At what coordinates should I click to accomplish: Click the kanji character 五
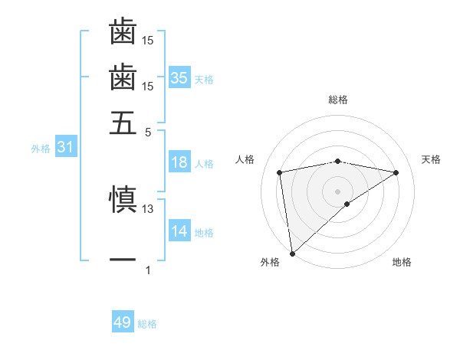123,122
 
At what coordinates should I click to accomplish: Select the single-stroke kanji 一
123,260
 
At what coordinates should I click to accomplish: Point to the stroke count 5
149,131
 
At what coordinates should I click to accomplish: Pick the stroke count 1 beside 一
149,270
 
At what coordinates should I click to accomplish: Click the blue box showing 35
179,77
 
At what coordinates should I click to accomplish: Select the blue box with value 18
179,162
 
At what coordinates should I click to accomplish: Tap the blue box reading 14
179,231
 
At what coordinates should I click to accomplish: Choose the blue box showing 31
65,147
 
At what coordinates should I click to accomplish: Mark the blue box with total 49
123,322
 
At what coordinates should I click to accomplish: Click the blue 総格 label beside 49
147,324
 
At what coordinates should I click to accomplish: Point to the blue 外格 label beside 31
41,149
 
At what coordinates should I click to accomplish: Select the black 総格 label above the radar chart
338,100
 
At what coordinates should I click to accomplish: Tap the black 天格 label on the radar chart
432,159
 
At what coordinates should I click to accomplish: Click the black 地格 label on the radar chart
402,263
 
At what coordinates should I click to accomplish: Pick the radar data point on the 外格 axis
292,254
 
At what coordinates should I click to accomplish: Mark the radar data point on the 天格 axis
396,172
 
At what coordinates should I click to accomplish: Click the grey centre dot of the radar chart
338,191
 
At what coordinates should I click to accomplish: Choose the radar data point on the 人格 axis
280,172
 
